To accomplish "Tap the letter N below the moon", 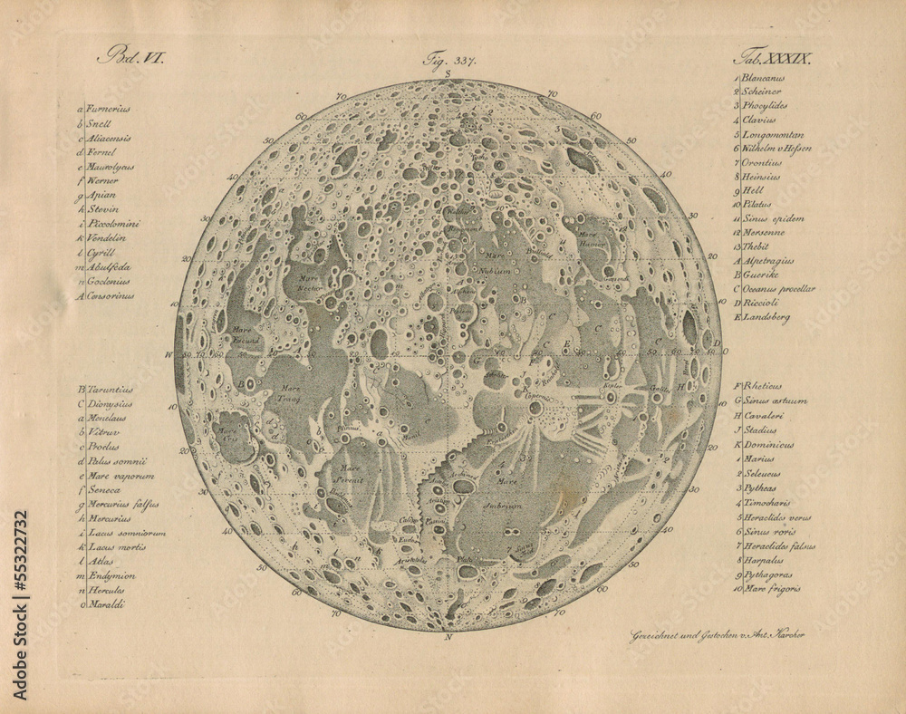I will point(448,638).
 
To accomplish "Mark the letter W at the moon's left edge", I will point(169,354).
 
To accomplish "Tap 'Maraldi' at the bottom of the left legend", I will point(106,603).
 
